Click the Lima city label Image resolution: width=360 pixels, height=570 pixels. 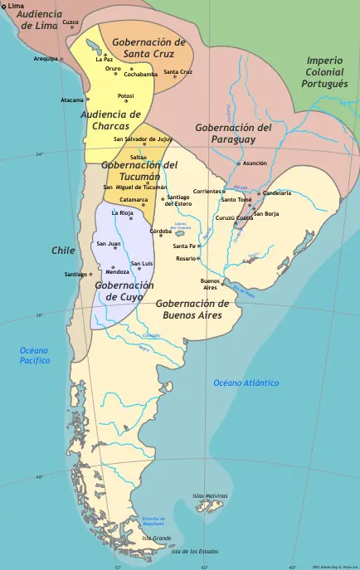click(x=16, y=6)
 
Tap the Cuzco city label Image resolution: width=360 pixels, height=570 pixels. click(x=71, y=22)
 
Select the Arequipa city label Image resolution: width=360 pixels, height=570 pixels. click(x=46, y=59)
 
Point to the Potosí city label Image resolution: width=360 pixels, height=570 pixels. click(x=125, y=95)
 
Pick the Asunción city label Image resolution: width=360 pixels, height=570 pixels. click(x=254, y=163)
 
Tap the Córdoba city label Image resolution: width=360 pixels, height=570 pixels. click(x=160, y=231)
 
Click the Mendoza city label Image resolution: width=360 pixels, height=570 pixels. click(x=117, y=272)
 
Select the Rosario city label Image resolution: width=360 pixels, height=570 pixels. click(x=186, y=258)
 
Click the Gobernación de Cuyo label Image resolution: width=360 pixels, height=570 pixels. click(x=124, y=290)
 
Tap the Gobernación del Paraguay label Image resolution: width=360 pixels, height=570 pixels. click(x=233, y=134)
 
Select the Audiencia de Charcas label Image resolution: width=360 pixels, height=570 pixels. click(x=110, y=120)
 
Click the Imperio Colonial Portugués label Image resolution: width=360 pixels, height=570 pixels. click(x=324, y=72)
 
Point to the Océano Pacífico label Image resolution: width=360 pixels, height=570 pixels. click(x=35, y=356)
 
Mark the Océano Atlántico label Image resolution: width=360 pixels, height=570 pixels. click(x=246, y=382)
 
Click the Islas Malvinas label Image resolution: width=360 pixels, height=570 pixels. click(x=210, y=495)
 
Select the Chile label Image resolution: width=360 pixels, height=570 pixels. click(x=63, y=250)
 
